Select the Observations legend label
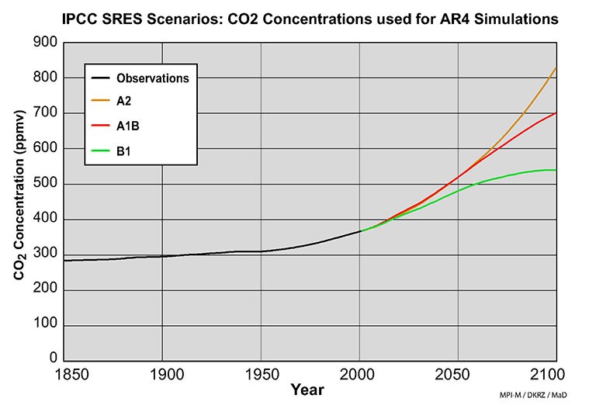pos(152,78)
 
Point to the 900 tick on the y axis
pos(46,42)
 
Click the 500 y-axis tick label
pos(46,184)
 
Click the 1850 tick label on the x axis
pos(65,375)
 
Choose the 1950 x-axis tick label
pos(261,375)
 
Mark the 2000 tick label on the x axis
pos(359,375)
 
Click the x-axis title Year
pos(307,390)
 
